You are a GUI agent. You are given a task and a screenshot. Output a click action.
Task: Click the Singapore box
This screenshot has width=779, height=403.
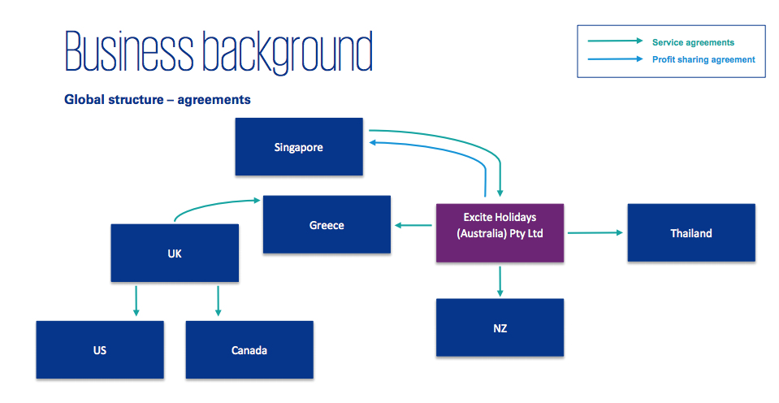(x=299, y=147)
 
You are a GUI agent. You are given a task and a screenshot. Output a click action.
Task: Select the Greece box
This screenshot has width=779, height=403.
(x=327, y=225)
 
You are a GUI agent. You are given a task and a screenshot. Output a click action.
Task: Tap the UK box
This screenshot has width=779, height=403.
(x=175, y=253)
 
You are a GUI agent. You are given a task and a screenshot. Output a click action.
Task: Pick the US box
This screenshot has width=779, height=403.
(x=100, y=350)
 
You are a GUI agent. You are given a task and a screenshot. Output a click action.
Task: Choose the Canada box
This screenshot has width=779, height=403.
(x=249, y=350)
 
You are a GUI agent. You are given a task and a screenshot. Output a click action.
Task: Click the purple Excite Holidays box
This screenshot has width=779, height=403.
(x=500, y=232)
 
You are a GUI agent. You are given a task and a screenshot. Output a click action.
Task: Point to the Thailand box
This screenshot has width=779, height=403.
(x=691, y=233)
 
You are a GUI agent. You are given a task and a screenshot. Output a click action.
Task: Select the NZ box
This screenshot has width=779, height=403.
(x=500, y=327)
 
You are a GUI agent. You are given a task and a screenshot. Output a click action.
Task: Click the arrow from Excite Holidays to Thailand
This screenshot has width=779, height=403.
(x=595, y=233)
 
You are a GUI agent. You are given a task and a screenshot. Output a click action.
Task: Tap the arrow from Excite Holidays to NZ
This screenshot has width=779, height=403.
(x=500, y=279)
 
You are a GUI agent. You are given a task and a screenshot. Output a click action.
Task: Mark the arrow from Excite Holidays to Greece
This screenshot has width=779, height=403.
(x=413, y=225)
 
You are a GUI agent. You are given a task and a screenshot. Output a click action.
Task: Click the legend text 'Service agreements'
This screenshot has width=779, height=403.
(x=693, y=41)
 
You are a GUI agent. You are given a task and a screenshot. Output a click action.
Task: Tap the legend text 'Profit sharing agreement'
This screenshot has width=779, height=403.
(x=703, y=59)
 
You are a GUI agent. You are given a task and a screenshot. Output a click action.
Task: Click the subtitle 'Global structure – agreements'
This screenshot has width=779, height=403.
(x=158, y=100)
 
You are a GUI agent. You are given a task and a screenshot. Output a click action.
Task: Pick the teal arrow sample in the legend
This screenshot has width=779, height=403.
(x=616, y=41)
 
